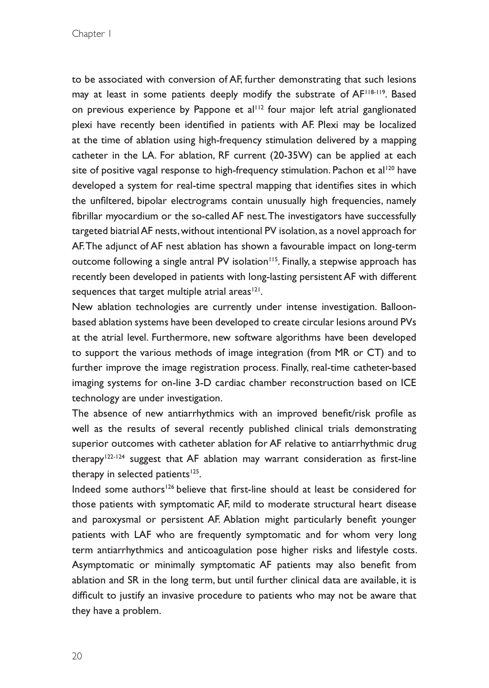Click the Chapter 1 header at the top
[x=91, y=33]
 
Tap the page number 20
[x=77, y=656]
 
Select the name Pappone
[x=212, y=110]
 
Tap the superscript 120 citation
[x=391, y=168]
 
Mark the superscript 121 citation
[x=256, y=290]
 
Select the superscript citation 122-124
[x=115, y=456]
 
